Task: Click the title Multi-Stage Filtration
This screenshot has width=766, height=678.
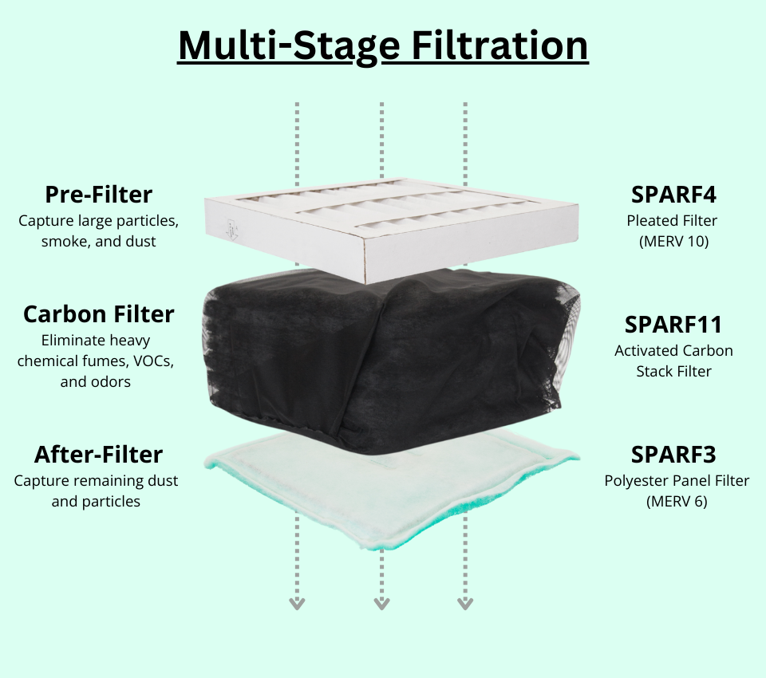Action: coord(383,46)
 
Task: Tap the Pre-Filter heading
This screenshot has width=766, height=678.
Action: coord(99,195)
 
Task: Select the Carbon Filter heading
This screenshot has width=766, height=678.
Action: coord(99,314)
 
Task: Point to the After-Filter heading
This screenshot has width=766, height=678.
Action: coord(98,455)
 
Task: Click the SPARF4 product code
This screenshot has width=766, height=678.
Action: coord(673,195)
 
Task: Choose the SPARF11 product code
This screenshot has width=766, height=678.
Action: coord(673,325)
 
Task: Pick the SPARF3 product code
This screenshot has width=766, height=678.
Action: coord(673,455)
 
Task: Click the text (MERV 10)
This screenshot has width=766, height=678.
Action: coord(673,242)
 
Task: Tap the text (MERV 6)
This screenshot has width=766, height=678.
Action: coord(677,502)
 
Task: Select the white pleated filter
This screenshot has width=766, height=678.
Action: coord(391,230)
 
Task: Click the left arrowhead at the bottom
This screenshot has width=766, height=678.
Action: coord(297,604)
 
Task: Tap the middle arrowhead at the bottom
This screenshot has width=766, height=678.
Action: coord(381,604)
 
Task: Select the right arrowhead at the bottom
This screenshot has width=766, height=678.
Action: coord(465,604)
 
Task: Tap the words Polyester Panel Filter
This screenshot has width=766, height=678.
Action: coord(677,481)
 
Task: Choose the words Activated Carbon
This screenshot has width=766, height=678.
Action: coord(673,351)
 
